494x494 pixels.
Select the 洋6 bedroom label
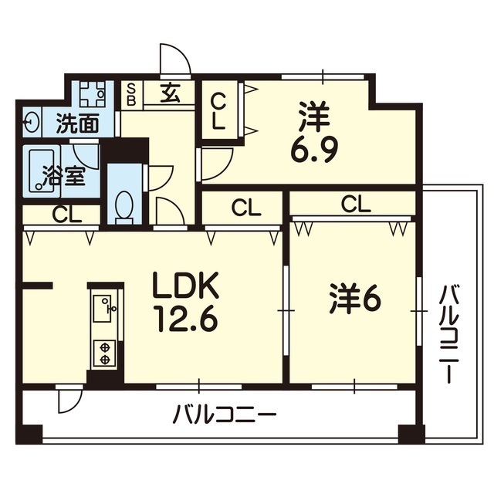[x=355, y=300]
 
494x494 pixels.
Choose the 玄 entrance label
[x=171, y=94]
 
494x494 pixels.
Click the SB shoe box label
[x=130, y=94]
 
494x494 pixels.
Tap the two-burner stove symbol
[x=103, y=353]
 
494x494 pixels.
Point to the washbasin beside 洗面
[x=32, y=122]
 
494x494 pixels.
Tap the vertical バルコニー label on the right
[x=448, y=333]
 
